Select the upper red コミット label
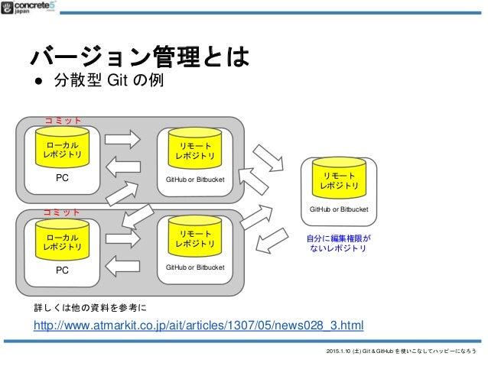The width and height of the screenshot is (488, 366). pos(62,121)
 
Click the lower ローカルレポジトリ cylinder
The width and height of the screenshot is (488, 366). pos(63,241)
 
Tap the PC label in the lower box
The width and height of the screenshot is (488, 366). pos(63,270)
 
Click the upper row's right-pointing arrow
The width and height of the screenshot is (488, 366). pos(122,139)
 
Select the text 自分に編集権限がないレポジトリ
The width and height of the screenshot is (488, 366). pos(337,244)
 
